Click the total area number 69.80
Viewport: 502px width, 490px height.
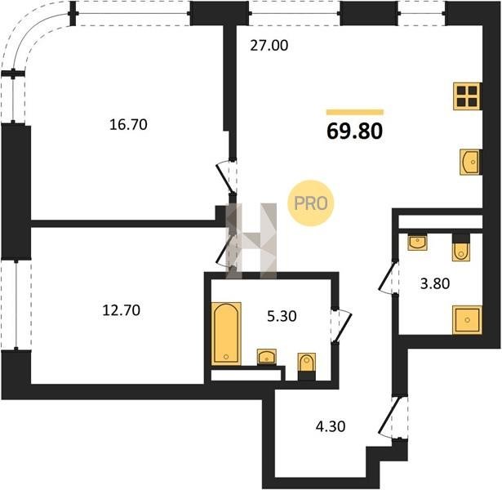click(x=355, y=131)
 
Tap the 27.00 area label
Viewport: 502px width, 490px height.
click(x=269, y=46)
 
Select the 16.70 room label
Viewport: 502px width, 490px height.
click(x=128, y=124)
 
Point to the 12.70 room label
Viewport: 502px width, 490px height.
click(x=122, y=310)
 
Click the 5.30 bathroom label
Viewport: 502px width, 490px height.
click(x=282, y=316)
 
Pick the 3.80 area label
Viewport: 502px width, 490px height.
click(x=435, y=283)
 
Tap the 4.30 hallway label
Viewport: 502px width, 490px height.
click(x=331, y=426)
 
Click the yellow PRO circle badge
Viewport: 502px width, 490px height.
click(x=310, y=203)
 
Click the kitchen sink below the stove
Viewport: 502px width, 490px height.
click(x=470, y=162)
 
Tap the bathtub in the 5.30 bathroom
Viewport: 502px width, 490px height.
click(x=226, y=333)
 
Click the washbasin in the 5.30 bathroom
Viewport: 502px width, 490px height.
click(x=267, y=357)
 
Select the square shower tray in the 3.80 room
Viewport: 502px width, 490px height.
click(x=467, y=319)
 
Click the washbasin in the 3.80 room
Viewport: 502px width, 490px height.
click(x=417, y=242)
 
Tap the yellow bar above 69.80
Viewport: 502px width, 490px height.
click(x=355, y=112)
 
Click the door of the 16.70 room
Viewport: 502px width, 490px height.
click(x=227, y=178)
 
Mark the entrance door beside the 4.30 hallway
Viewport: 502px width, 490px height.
click(x=393, y=417)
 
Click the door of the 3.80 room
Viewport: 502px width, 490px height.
click(x=389, y=276)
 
